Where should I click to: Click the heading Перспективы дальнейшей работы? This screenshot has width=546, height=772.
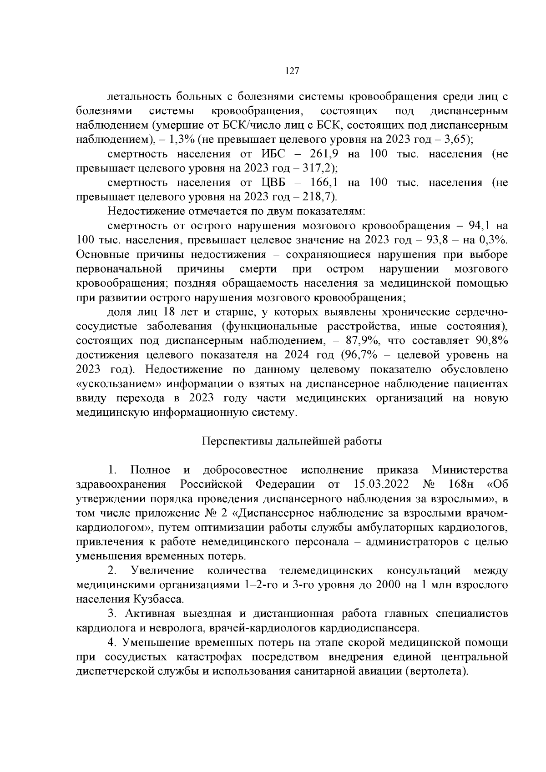292,441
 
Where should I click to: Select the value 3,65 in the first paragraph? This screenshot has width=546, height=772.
455,139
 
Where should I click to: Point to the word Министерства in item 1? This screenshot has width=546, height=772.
470,469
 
